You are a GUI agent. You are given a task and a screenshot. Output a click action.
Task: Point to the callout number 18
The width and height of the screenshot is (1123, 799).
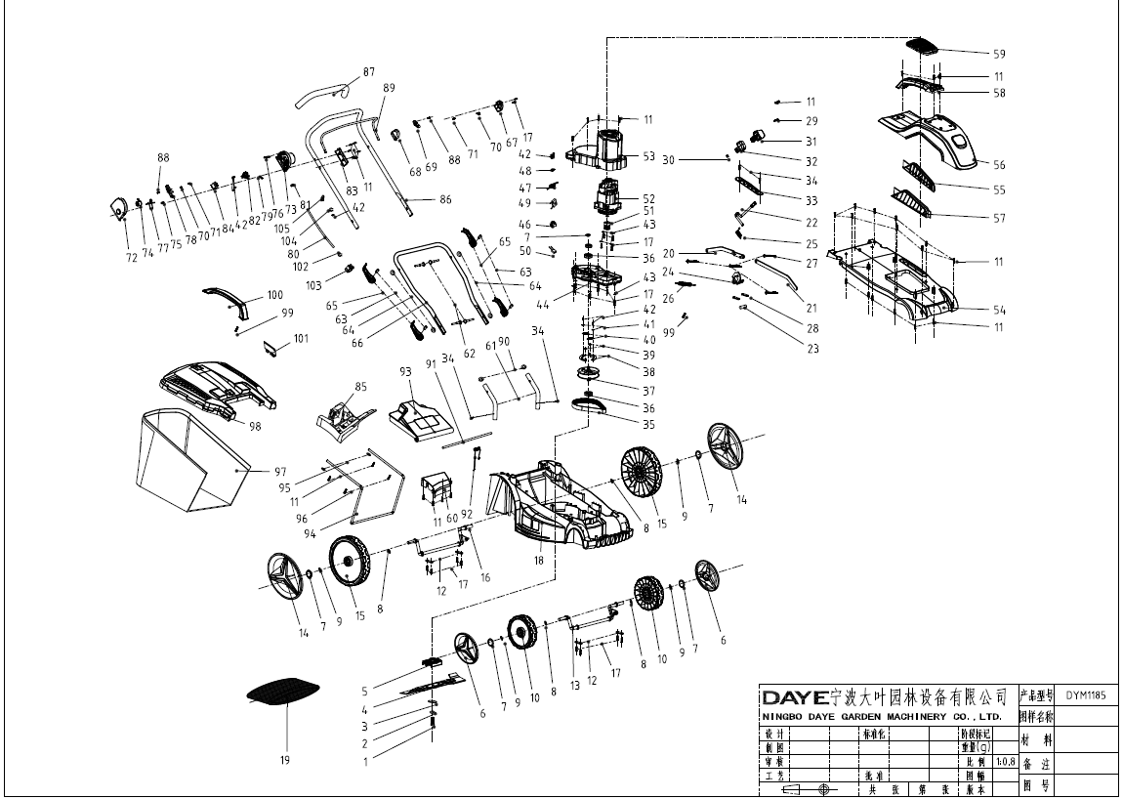pyautogui.click(x=538, y=561)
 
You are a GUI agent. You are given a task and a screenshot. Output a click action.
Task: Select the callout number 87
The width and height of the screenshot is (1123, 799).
pyautogui.click(x=368, y=72)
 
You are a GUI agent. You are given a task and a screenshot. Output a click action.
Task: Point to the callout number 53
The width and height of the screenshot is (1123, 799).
pyautogui.click(x=648, y=155)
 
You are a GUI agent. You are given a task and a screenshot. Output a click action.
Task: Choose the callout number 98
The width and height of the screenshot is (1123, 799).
pyautogui.click(x=255, y=426)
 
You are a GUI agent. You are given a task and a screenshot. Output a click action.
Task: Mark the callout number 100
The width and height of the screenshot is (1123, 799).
pyautogui.click(x=275, y=294)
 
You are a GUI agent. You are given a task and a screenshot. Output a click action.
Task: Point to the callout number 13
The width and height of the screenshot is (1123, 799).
pyautogui.click(x=575, y=685)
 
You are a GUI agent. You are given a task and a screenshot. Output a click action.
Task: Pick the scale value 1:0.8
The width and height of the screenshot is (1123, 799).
pyautogui.click(x=1005, y=761)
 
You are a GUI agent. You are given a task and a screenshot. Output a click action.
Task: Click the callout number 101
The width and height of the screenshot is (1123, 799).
pyautogui.click(x=300, y=340)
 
